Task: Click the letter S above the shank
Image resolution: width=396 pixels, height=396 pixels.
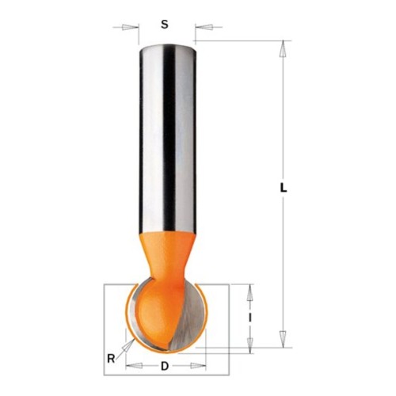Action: coord(165,25)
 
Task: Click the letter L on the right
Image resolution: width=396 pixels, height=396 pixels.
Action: coord(284,188)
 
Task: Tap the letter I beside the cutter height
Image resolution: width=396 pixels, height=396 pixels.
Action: coord(250,318)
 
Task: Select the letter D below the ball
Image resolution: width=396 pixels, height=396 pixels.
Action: coord(165,366)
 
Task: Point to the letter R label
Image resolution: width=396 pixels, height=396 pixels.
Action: coord(111,359)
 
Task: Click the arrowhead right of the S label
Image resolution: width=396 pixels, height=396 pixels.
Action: coord(204,27)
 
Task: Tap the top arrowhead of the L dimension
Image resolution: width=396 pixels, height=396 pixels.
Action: coord(283,48)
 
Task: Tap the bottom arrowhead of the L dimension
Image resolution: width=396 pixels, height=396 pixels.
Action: coord(283,339)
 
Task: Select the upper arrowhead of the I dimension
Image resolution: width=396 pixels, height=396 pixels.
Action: coord(249,293)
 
